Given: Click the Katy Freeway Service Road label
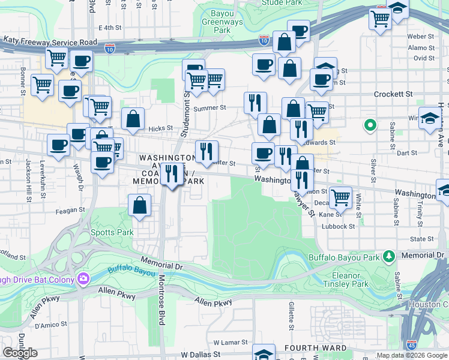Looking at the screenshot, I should [x=50, y=42].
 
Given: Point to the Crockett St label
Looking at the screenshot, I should [x=393, y=94].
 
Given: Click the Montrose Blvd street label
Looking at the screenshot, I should [x=161, y=300].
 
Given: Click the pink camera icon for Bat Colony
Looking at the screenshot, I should [x=83, y=278].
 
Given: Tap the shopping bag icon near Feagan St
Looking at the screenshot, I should [x=139, y=206].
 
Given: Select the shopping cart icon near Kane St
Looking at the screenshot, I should [x=340, y=197].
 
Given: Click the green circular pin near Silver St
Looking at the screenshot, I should [x=370, y=125].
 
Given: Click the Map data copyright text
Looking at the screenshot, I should [x=412, y=355].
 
